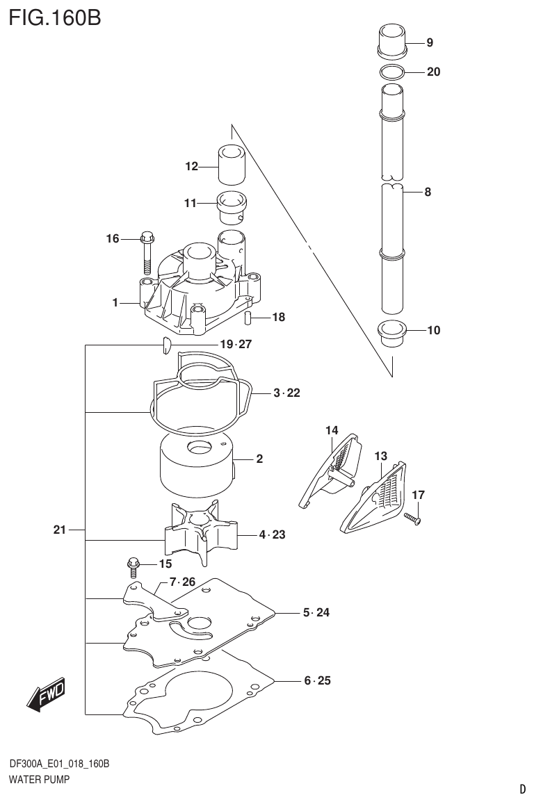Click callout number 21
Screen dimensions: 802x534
pyautogui.click(x=59, y=530)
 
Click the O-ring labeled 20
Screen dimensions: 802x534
pyautogui.click(x=392, y=72)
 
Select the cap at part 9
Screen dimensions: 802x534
pyautogui.click(x=391, y=40)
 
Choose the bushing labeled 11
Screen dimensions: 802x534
pyautogui.click(x=234, y=206)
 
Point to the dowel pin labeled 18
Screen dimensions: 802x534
pyautogui.click(x=248, y=318)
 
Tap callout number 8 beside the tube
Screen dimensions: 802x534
pyautogui.click(x=428, y=193)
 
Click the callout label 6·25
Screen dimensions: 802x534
pyautogui.click(x=317, y=680)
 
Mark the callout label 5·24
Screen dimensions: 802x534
pyautogui.click(x=316, y=613)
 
